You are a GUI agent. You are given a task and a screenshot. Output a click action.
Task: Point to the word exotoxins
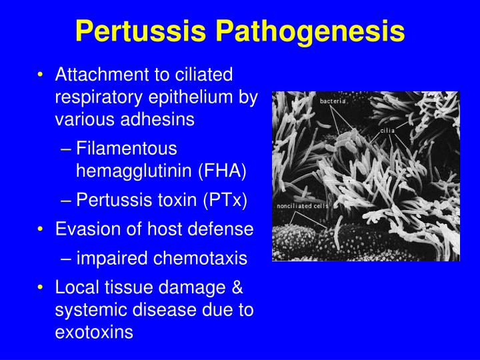pyautogui.click(x=94, y=332)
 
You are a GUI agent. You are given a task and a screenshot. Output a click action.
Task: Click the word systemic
pyautogui.click(x=85, y=310)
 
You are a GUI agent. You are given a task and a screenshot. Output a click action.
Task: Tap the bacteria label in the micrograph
pyautogui.click(x=333, y=101)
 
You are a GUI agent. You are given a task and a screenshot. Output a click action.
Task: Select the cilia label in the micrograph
pyautogui.click(x=387, y=130)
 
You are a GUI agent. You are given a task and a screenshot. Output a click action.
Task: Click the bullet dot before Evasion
pyautogui.click(x=41, y=229)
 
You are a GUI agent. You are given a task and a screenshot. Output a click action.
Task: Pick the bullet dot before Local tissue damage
pyautogui.click(x=41, y=287)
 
